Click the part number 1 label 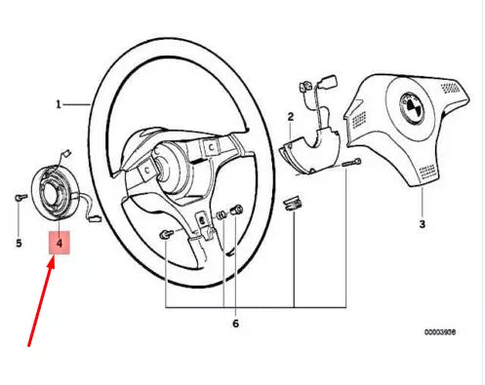coord(60,103)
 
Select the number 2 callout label coord(290,117)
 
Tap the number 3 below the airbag coord(422,224)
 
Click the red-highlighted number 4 coord(61,240)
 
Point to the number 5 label coord(18,241)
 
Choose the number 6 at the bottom coord(234,323)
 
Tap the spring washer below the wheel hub coord(222,214)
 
